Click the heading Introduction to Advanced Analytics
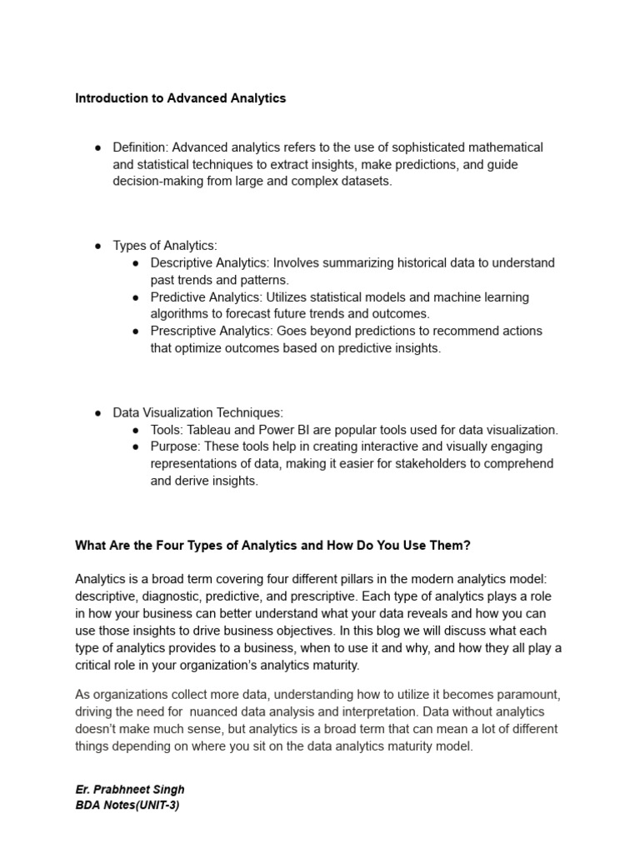pos(180,98)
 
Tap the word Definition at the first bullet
pos(139,147)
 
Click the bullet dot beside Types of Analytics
pos(97,246)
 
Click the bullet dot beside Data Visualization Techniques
pos(97,412)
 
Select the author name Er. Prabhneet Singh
pos(130,789)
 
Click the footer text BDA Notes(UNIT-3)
pos(127,806)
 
